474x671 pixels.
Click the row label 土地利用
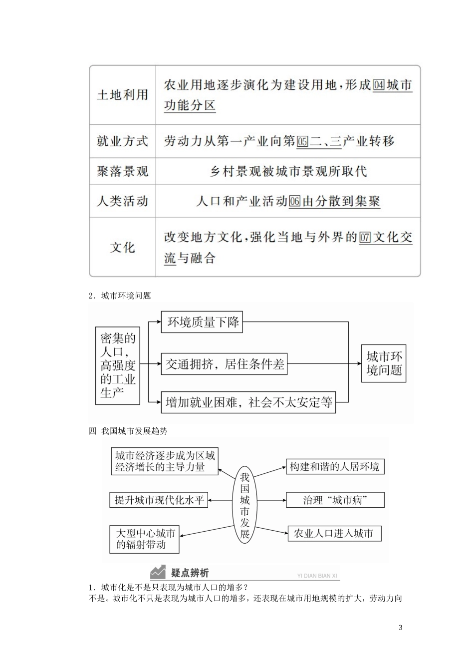(x=122, y=95)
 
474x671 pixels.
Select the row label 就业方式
(x=122, y=141)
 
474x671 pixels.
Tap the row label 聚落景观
(x=122, y=172)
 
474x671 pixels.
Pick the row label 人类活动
(x=122, y=201)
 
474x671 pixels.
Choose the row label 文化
(x=122, y=247)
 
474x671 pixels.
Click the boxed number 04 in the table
(x=379, y=85)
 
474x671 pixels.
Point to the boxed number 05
(x=302, y=141)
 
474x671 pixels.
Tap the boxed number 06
(x=294, y=201)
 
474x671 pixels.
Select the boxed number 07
(x=365, y=238)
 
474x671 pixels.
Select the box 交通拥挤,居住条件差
(x=225, y=364)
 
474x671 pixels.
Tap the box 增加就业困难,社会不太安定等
(x=248, y=402)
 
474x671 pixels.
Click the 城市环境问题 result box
(x=384, y=363)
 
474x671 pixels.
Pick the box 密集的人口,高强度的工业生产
(x=118, y=365)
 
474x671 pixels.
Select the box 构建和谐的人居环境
(x=334, y=467)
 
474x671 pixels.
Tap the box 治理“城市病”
(x=335, y=500)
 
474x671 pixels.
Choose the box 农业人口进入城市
(x=334, y=533)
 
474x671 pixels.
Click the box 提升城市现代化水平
(x=159, y=500)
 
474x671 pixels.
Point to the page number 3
(x=401, y=628)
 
